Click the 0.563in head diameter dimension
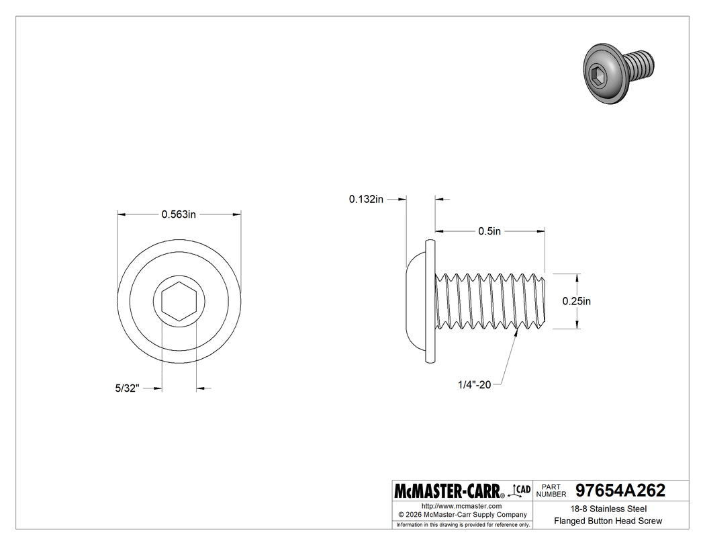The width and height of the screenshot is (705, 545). click(179, 214)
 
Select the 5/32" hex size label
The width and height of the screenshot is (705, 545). click(126, 388)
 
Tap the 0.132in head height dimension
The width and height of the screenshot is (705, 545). click(366, 199)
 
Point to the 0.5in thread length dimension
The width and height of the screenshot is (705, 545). click(489, 231)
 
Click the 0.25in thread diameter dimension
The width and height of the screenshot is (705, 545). click(576, 301)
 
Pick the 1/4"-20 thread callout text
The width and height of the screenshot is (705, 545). click(475, 384)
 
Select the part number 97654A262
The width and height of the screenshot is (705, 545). click(616, 491)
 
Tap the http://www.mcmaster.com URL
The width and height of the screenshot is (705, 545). click(461, 505)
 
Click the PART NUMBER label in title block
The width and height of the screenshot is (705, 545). click(551, 491)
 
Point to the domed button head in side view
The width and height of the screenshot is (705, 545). click(414, 300)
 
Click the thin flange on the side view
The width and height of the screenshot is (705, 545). click(430, 301)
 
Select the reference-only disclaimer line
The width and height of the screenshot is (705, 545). click(463, 524)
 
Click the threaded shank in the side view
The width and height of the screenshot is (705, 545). click(490, 300)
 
